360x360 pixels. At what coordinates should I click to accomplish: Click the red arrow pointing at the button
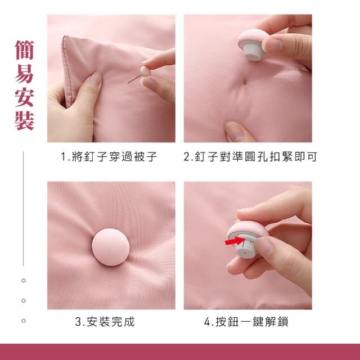tap(235, 241)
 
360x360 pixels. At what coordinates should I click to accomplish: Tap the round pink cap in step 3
tap(111, 247)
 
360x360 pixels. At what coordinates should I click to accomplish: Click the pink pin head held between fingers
tap(146, 71)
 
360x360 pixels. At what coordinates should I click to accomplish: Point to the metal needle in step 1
tap(134, 79)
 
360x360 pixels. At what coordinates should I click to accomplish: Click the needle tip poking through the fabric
tap(245, 80)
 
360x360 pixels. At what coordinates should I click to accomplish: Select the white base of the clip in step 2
tap(253, 51)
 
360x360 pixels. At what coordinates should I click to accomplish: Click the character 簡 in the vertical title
tap(25, 50)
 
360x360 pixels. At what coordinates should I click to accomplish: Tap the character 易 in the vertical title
tap(25, 74)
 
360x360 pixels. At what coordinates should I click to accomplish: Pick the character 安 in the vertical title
tap(25, 97)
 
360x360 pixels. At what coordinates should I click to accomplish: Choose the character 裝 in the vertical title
tap(25, 121)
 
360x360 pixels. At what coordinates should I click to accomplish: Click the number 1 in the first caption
tap(64, 157)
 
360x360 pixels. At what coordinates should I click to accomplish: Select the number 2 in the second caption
tap(187, 157)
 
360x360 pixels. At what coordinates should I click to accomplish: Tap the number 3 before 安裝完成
tap(78, 322)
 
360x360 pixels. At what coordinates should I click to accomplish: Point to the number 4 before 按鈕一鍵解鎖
tap(208, 322)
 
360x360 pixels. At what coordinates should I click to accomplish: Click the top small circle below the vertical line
tap(24, 280)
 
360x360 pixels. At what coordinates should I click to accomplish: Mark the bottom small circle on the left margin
tap(24, 321)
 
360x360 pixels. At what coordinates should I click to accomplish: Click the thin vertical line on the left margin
tap(23, 209)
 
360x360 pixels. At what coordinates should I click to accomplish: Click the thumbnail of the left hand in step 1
tap(96, 78)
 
